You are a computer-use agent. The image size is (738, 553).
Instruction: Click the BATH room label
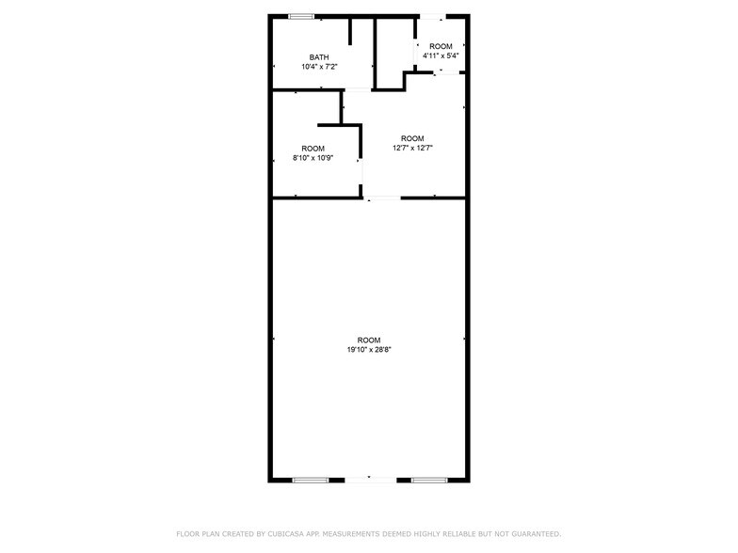(x=319, y=57)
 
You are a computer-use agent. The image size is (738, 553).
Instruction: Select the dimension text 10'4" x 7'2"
(x=319, y=67)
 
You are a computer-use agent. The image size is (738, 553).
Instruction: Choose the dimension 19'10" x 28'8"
(x=368, y=350)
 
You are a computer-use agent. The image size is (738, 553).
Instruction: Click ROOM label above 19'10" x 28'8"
(x=368, y=340)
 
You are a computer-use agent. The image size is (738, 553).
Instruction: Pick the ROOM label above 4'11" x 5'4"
(x=441, y=46)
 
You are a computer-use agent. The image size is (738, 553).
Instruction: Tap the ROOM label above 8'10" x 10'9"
(x=313, y=149)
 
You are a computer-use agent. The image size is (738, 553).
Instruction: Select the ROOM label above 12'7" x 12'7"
(x=412, y=138)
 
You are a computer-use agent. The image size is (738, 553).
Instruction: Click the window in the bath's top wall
(x=301, y=16)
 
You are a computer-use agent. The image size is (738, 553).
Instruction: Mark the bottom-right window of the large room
(x=428, y=480)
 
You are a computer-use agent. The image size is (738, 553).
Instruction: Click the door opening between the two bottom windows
(x=368, y=480)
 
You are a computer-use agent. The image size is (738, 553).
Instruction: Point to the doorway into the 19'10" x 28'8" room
(x=382, y=197)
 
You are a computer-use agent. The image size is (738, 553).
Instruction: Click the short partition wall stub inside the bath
(x=350, y=30)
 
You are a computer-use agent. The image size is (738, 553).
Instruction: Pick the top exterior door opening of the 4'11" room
(x=432, y=16)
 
